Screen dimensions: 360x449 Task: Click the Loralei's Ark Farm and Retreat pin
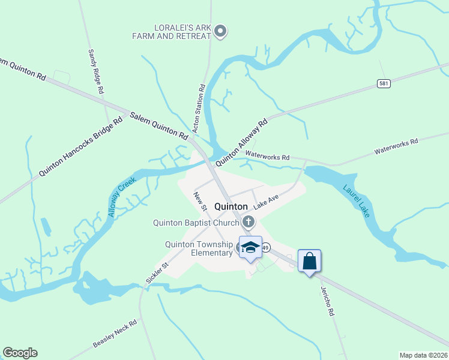(220, 31)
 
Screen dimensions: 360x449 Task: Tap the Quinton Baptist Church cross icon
(249, 223)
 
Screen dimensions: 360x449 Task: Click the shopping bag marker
(309, 261)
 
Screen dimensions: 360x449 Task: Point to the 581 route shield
(384, 83)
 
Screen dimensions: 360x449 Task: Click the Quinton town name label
(231, 206)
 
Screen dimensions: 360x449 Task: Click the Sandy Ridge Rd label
(95, 71)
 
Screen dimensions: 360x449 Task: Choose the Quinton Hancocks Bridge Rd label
(80, 146)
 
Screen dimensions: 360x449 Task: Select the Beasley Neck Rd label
(115, 334)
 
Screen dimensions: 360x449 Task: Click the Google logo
(20, 353)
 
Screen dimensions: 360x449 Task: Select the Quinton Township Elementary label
(199, 248)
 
